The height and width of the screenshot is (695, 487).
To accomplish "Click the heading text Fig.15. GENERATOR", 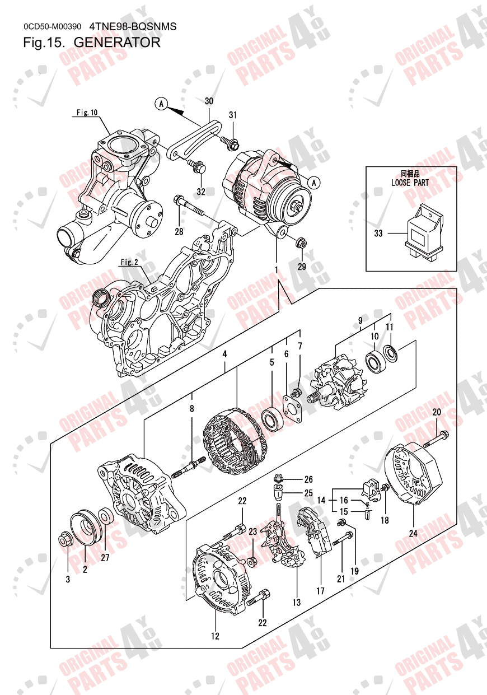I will pyautogui.click(x=92, y=42).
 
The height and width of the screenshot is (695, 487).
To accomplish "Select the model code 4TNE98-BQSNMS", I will pyautogui.click(x=133, y=26).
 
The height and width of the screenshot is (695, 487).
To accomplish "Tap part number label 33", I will pyautogui.click(x=378, y=234).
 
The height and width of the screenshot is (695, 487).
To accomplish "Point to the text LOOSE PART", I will pyautogui.click(x=410, y=183).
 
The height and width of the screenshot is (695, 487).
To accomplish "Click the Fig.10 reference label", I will pyautogui.click(x=87, y=113).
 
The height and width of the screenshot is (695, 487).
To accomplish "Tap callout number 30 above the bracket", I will pyautogui.click(x=209, y=101).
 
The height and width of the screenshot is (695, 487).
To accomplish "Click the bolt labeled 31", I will pyautogui.click(x=230, y=143).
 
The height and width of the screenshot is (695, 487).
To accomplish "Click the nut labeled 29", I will pyautogui.click(x=301, y=243).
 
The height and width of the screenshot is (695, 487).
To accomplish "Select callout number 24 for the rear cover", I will pyautogui.click(x=413, y=533).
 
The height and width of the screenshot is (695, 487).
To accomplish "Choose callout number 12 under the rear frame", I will pyautogui.click(x=215, y=636).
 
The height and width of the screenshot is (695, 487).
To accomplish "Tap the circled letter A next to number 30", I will pyautogui.click(x=161, y=103).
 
